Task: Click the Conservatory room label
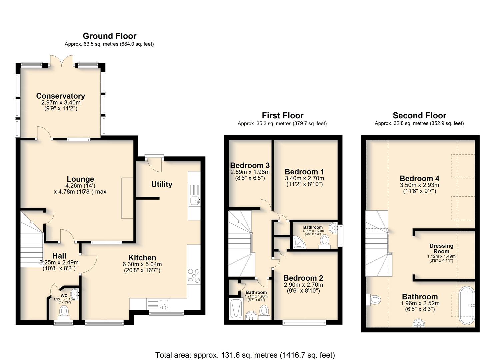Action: pyautogui.click(x=61, y=96)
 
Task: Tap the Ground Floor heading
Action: pyautogui.click(x=110, y=36)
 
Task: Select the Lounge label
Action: pyautogui.click(x=80, y=179)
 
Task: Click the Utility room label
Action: pyautogui.click(x=162, y=184)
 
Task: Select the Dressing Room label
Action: pyautogui.click(x=441, y=248)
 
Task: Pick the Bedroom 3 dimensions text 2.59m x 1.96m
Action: pyautogui.click(x=250, y=172)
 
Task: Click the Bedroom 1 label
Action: pyautogui.click(x=304, y=171)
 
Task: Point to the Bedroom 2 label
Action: pyautogui.click(x=303, y=278)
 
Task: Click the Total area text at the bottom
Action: pyautogui.click(x=245, y=349)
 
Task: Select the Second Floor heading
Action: pyautogui.click(x=419, y=115)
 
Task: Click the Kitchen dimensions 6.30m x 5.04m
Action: pyautogui.click(x=142, y=264)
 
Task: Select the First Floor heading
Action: pyautogui.click(x=282, y=115)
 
